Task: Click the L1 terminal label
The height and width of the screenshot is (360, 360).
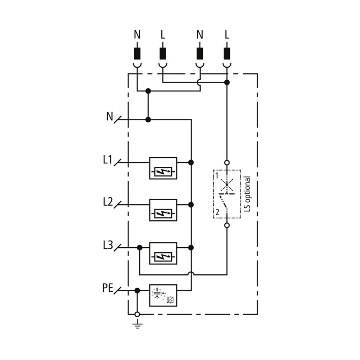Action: (x=107, y=159)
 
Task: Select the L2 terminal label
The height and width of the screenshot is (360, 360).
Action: (x=108, y=202)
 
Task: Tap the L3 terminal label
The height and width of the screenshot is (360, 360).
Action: (x=108, y=245)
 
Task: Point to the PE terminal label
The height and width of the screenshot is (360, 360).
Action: (x=108, y=288)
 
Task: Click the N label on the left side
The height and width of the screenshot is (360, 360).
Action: (x=109, y=116)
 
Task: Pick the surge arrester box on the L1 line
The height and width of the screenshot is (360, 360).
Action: (x=163, y=168)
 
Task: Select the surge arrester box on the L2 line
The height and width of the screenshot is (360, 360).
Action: (x=163, y=210)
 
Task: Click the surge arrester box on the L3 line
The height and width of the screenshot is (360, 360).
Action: (x=163, y=253)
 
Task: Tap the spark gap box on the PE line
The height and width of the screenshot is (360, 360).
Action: (x=163, y=296)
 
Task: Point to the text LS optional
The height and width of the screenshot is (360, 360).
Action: (x=247, y=194)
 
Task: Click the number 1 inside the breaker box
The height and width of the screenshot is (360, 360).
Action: (x=216, y=176)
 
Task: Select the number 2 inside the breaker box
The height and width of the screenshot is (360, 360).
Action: (x=217, y=212)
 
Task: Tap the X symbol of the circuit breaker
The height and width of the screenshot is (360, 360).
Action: (x=227, y=185)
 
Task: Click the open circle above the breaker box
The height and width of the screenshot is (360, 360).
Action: (x=227, y=163)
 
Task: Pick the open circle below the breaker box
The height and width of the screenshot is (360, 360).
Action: (x=227, y=225)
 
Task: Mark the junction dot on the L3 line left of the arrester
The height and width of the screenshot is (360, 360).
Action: (x=140, y=248)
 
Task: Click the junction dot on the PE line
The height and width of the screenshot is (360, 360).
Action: (x=137, y=291)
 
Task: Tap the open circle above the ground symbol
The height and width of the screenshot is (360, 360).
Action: (x=137, y=314)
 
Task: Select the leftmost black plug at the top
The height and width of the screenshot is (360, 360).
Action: (x=137, y=54)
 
